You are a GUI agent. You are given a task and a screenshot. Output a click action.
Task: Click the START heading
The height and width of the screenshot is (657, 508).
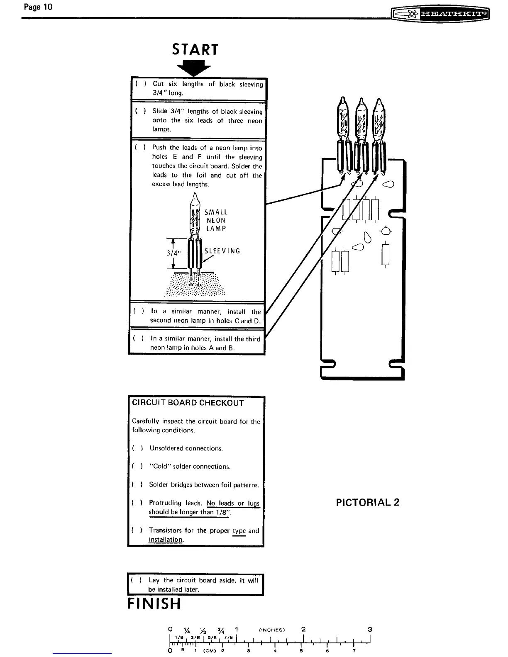point(195,50)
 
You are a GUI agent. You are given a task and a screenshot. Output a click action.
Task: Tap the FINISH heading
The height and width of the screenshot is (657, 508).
point(154,604)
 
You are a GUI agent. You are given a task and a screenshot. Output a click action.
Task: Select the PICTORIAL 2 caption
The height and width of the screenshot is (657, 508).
point(368,502)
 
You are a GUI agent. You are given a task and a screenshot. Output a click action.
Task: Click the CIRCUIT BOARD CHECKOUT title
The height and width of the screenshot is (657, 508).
point(188,403)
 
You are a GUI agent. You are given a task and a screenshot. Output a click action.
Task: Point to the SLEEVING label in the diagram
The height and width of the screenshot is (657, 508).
point(222,251)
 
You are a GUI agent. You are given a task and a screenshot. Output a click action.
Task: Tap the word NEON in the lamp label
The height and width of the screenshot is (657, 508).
point(216,220)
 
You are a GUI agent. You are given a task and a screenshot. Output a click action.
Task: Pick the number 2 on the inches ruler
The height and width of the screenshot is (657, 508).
point(304,629)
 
